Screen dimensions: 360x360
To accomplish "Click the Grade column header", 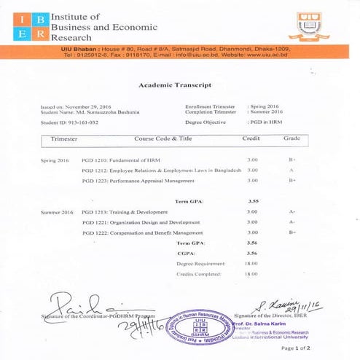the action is point(292,138).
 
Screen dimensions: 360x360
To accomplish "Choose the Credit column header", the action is point(251,138).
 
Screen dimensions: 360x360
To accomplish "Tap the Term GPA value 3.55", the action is point(252,200).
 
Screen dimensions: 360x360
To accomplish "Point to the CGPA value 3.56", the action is point(252,253).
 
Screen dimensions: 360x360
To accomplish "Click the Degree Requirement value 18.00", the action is point(251,263).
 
